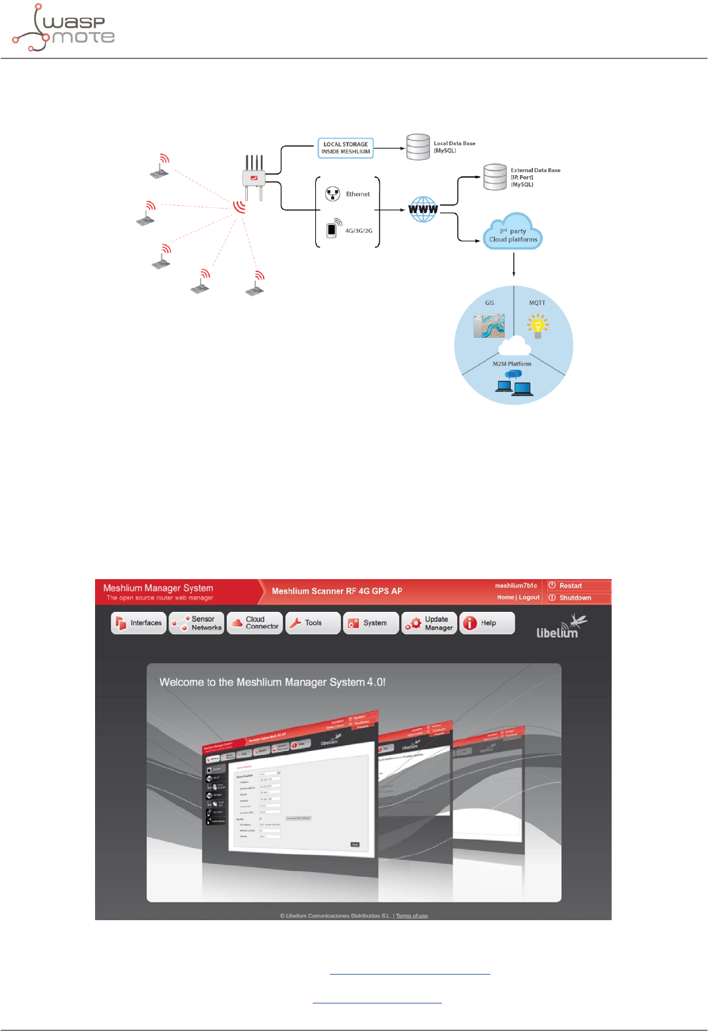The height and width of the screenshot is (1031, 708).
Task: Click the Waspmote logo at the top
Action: tap(64, 28)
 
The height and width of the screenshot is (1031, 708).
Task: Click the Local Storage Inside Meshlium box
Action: tap(345, 148)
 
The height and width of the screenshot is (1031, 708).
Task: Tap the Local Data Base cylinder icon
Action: tap(418, 147)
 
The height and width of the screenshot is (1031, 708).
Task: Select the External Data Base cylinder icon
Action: tap(495, 177)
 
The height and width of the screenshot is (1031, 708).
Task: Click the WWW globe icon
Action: tap(423, 209)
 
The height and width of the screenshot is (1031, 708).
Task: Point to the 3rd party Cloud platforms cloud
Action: tap(513, 233)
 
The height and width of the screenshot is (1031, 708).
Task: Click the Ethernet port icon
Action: tap(333, 193)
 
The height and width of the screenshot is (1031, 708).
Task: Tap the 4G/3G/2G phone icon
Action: tap(332, 229)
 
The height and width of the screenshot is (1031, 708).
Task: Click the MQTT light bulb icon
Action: tap(538, 325)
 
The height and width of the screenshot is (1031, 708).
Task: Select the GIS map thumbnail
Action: tap(489, 325)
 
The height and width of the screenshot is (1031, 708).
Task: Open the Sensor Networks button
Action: tap(197, 623)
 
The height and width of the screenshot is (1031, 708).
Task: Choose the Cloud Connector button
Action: tap(255, 623)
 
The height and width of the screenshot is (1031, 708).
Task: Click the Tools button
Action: tap(313, 623)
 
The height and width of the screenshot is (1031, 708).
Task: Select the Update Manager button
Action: tap(429, 623)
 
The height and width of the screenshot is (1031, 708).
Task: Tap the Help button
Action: tap(487, 623)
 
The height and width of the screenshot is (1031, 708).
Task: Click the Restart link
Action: tap(570, 586)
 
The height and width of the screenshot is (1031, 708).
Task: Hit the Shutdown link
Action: tap(575, 597)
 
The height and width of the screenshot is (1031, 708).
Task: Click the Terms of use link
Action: tap(412, 916)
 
